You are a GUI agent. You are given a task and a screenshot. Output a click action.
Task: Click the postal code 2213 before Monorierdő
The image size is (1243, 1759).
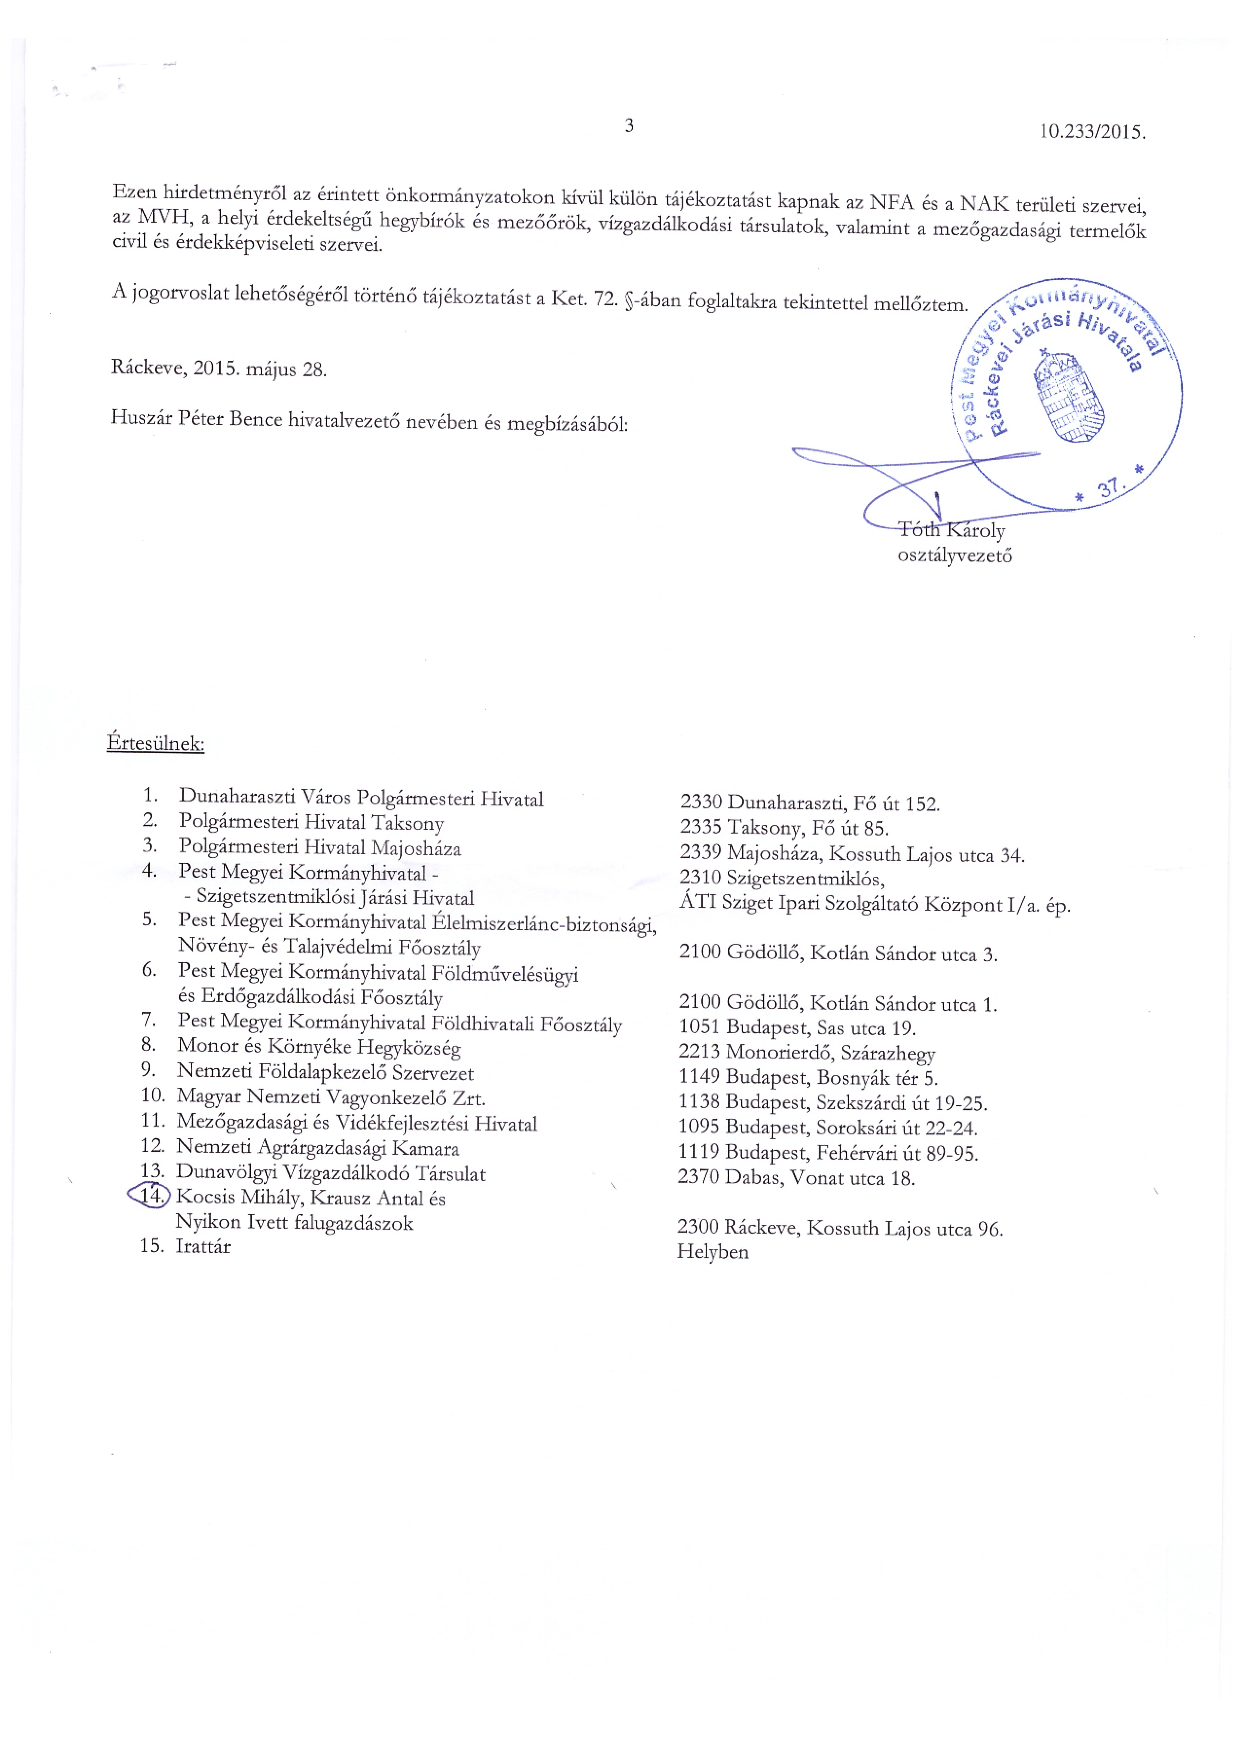[x=699, y=1053]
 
